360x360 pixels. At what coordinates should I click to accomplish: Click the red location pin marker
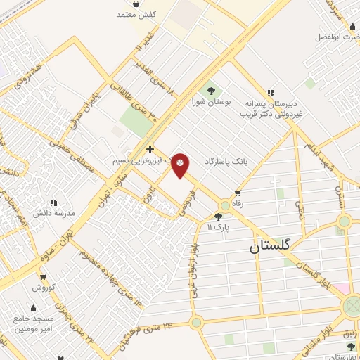coord(181,165)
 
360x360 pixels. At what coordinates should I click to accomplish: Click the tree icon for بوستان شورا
coord(210,91)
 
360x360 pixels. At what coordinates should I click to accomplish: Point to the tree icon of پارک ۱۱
coord(218,217)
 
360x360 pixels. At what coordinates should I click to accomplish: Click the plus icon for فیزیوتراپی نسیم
coord(150,150)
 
